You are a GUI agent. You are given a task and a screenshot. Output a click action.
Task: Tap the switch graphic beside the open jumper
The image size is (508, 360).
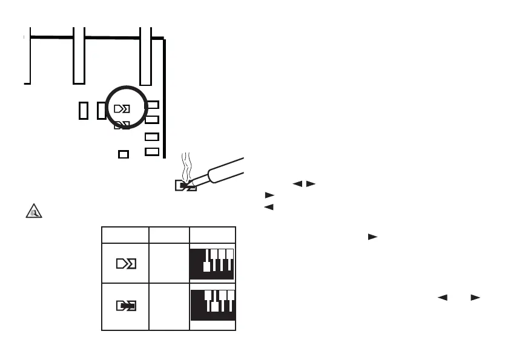(213, 263)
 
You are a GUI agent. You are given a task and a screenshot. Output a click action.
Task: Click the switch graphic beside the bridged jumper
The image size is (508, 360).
(213, 306)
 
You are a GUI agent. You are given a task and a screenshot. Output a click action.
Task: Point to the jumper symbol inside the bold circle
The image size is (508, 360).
(122, 109)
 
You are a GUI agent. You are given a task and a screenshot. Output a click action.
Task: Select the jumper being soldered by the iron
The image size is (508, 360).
(185, 186)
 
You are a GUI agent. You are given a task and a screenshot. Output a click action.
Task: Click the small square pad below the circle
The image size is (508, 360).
(124, 154)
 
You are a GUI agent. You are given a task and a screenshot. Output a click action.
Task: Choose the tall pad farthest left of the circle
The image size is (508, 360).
(84, 110)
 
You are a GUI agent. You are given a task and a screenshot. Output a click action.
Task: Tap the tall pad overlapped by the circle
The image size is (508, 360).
(101, 110)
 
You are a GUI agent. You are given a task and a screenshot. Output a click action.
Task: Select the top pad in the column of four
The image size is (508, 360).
(153, 105)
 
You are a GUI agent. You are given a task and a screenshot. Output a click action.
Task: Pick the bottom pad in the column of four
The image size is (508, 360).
(153, 151)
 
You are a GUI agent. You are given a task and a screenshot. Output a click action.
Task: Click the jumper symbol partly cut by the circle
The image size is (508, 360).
(122, 125)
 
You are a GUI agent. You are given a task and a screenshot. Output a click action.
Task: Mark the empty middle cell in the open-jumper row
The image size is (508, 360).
(169, 264)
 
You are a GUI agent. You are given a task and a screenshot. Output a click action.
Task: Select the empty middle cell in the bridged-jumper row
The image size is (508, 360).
(169, 306)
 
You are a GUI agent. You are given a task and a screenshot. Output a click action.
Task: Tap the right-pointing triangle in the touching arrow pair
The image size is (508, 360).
(310, 184)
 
